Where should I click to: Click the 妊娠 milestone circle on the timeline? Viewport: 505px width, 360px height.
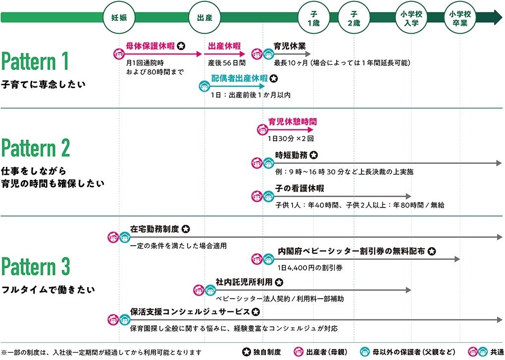pyautogui.click(x=119, y=18)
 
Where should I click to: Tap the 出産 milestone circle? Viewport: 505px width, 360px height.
pyautogui.click(x=205, y=18)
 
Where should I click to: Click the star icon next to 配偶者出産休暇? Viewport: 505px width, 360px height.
pyautogui.click(x=274, y=78)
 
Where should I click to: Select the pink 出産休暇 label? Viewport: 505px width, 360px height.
pyautogui.click(x=224, y=46)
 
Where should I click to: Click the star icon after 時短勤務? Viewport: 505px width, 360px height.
pyautogui.click(x=314, y=155)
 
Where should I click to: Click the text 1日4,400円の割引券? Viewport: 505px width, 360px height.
pyautogui.click(x=310, y=267)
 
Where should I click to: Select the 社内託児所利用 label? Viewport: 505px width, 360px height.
pyautogui.click(x=244, y=282)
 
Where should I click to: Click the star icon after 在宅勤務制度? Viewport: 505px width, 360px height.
pyautogui.click(x=185, y=229)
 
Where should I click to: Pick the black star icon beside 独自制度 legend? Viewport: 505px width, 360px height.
pyautogui.click(x=246, y=353)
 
